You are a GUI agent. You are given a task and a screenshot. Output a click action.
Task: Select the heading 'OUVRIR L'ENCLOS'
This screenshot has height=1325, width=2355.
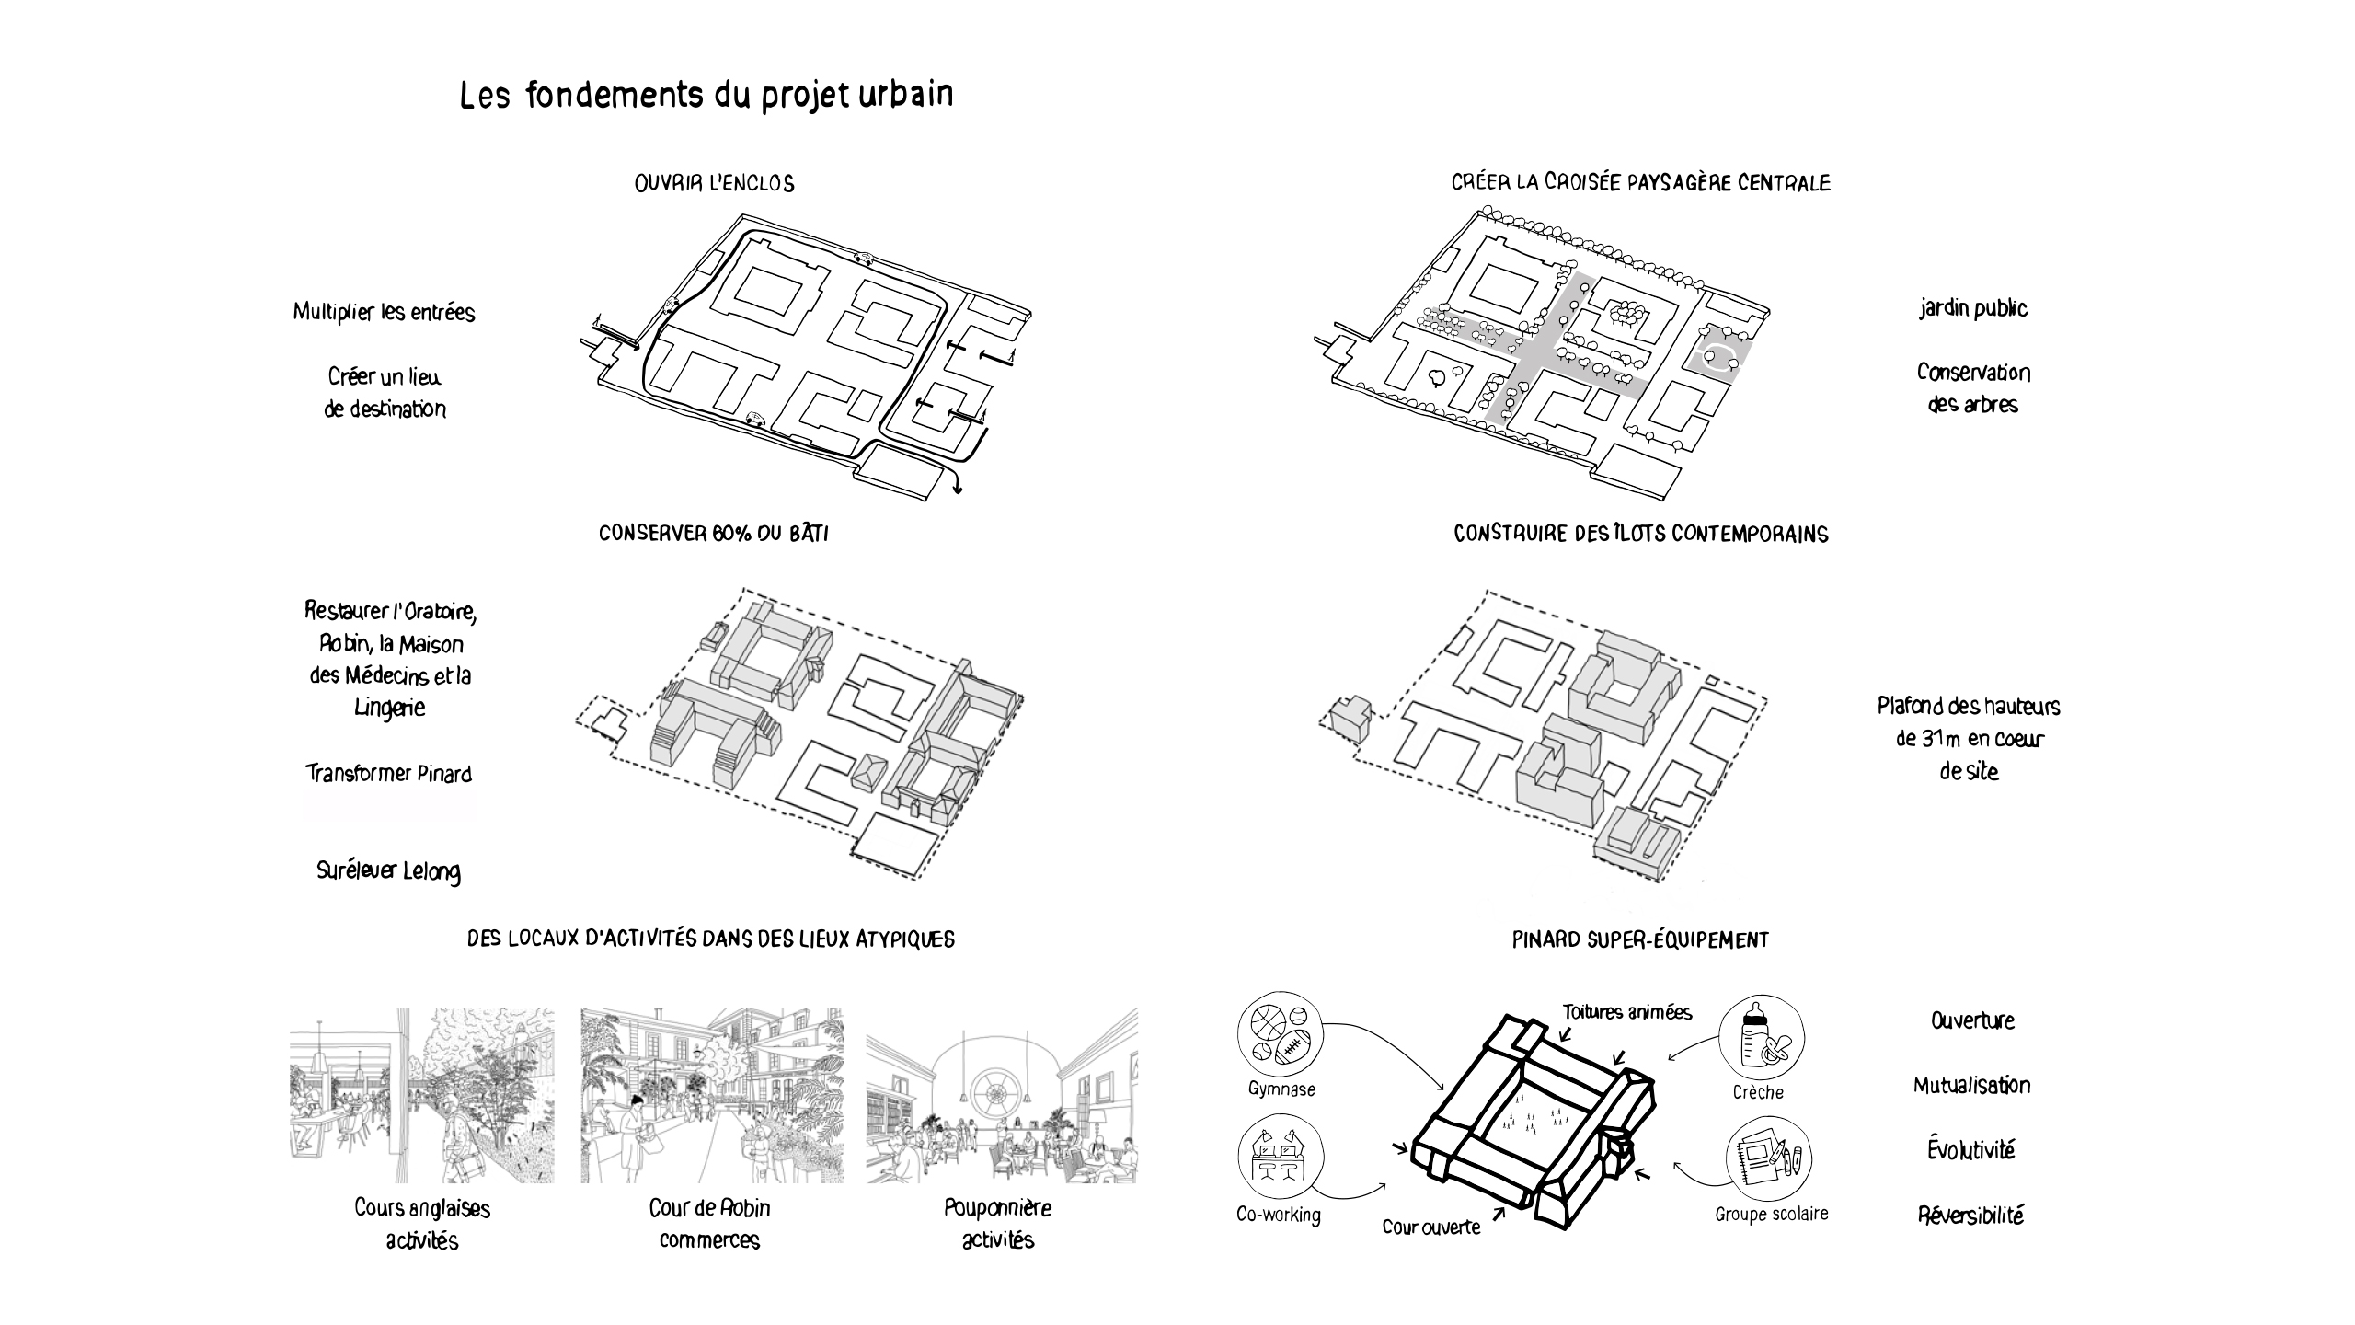714,183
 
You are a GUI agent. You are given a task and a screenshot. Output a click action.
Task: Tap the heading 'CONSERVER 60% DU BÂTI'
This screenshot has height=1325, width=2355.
714,534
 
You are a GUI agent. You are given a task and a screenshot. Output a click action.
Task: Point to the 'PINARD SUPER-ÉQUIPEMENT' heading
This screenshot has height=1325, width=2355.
1640,939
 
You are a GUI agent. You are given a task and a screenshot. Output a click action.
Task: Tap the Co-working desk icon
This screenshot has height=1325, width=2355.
1279,1158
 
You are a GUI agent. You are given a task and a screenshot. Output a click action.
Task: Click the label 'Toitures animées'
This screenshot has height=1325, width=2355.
1626,1012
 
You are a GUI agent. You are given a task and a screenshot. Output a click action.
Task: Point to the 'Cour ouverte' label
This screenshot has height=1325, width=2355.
1431,1227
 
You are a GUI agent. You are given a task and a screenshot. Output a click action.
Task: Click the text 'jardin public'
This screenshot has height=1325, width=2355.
1973,308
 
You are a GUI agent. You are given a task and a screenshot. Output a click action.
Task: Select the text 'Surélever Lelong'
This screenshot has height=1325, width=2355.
388,870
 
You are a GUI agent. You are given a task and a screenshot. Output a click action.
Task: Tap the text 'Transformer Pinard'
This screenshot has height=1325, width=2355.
388,773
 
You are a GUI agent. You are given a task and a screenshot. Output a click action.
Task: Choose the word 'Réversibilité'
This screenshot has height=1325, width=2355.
1971,1216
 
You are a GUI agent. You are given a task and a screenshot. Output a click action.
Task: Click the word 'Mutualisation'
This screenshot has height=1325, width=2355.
1971,1086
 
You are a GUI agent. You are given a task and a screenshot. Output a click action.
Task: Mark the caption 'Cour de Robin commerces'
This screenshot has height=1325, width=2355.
709,1224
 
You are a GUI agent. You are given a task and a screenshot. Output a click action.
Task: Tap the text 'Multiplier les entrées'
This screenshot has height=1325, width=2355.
384,312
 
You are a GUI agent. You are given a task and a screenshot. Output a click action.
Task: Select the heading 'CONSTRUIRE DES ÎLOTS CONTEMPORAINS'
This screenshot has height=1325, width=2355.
1640,534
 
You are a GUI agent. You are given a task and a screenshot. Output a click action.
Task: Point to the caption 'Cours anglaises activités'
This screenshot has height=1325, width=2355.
422,1224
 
